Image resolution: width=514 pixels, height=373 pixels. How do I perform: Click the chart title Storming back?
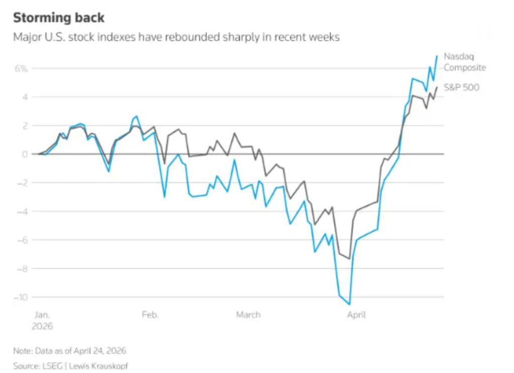click(59, 18)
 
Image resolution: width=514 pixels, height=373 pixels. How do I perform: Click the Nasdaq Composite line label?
click(464, 62)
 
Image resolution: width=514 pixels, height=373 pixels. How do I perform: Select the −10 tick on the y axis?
click(22, 297)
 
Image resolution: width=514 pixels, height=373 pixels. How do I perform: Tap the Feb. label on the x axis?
click(150, 315)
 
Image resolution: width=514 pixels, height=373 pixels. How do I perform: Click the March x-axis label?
click(248, 315)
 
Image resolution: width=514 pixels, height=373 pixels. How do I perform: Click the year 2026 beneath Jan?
click(43, 326)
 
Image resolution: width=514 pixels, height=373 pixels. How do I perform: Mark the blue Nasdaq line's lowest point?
click(349, 304)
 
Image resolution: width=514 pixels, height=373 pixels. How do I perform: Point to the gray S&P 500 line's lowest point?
click(349, 258)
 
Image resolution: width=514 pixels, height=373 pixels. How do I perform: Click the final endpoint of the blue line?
click(437, 56)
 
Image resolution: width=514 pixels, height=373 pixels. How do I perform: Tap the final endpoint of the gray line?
click(437, 87)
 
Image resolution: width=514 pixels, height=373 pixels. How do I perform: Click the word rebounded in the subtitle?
click(213, 37)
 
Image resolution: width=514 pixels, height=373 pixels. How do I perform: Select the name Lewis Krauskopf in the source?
click(98, 366)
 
